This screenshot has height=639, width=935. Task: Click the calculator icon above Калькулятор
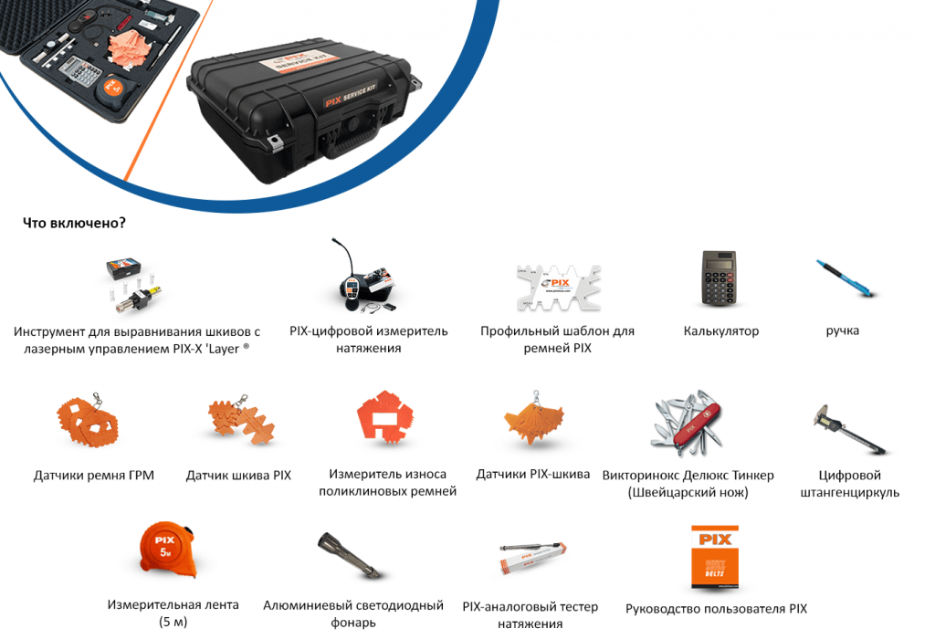point(718,278)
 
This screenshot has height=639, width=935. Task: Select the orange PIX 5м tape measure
point(168,550)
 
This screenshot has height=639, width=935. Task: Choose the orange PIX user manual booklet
point(714,558)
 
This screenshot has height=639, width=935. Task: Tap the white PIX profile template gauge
point(558,288)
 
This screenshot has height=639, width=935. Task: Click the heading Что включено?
point(74,223)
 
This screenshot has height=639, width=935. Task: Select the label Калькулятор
point(721,330)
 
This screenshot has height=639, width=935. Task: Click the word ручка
point(842,330)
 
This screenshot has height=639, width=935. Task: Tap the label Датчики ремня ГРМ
point(94,475)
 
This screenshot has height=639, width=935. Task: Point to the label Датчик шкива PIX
point(238,475)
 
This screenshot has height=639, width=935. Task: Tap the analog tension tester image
point(533,558)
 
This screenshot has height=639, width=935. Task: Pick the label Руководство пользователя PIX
point(716,609)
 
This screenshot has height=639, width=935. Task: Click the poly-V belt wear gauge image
point(385,416)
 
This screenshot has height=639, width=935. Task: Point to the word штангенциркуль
point(850,492)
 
